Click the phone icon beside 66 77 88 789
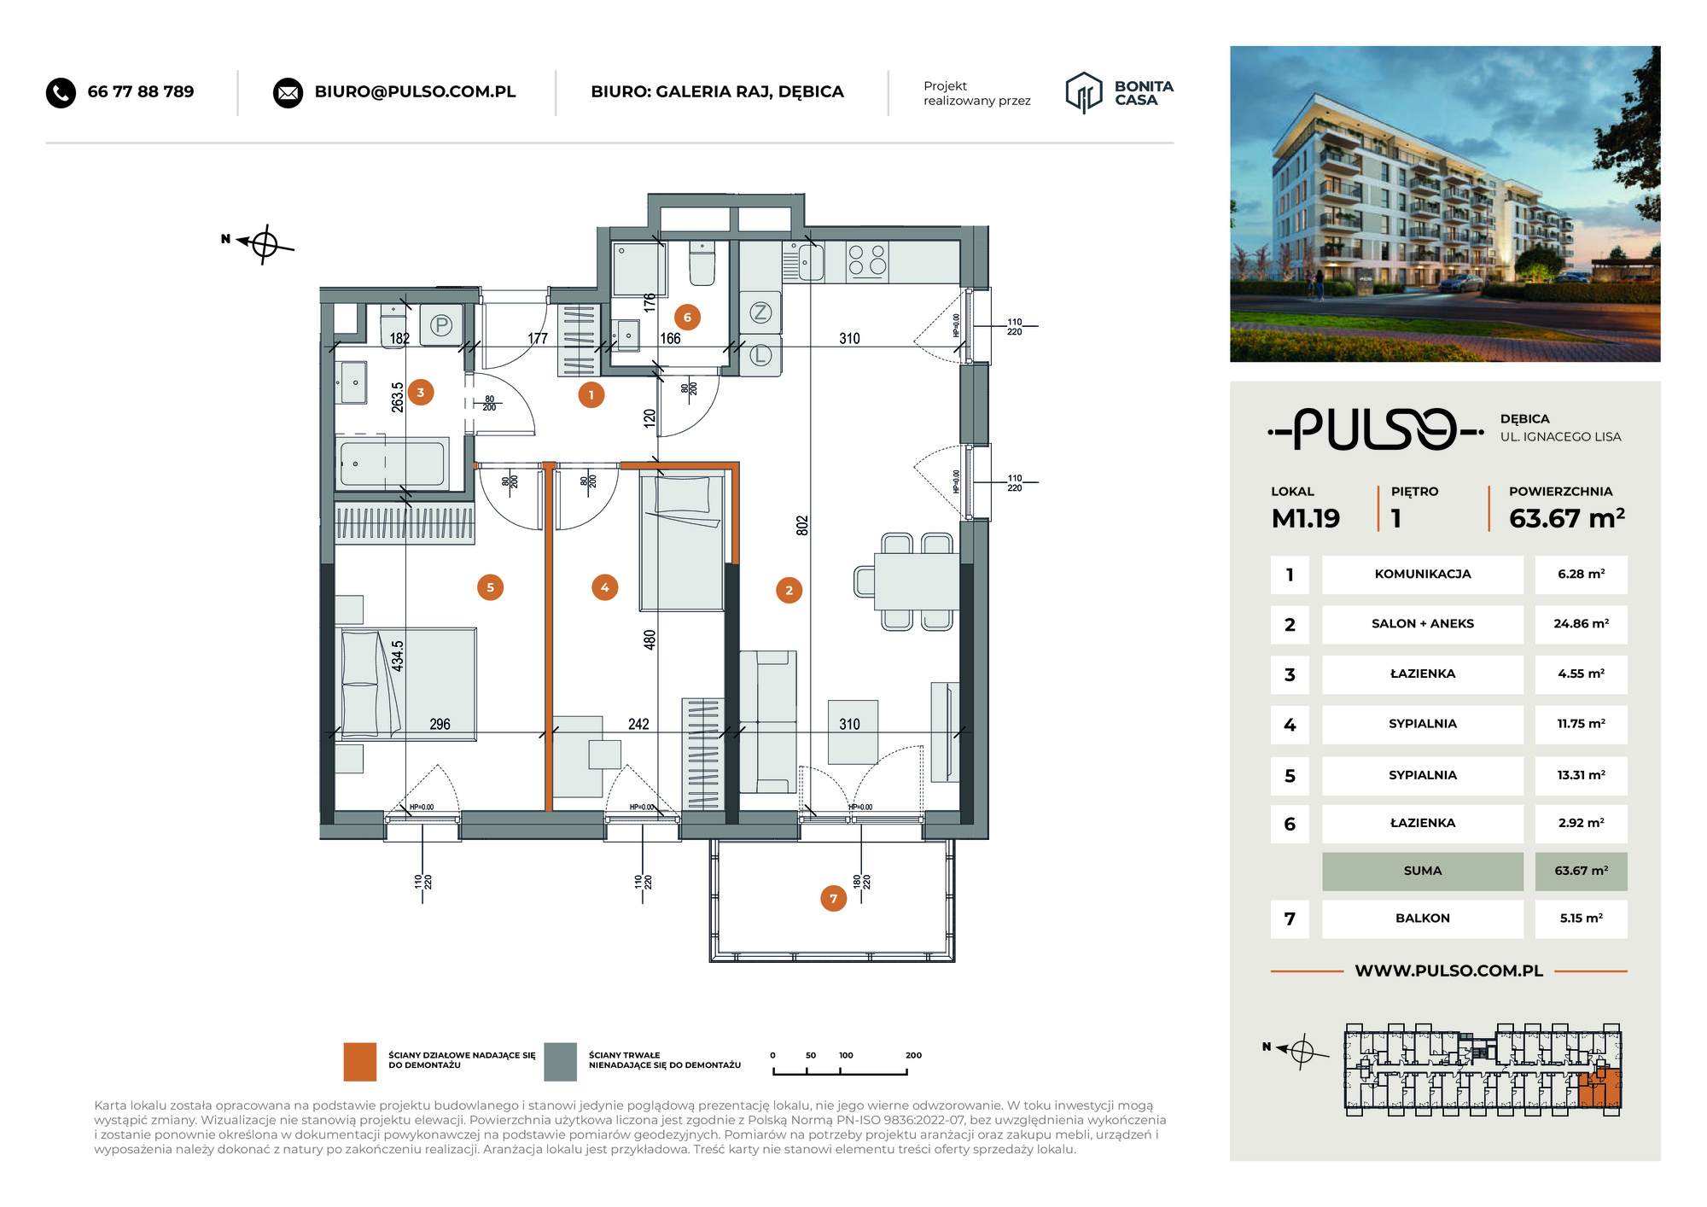click(x=61, y=92)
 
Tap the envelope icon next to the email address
click(x=288, y=92)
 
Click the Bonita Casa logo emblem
click(x=1084, y=92)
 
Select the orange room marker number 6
click(x=687, y=318)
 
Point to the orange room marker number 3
click(x=420, y=393)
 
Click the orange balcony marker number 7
click(x=833, y=898)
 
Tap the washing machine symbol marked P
click(x=441, y=325)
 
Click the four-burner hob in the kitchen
click(x=867, y=261)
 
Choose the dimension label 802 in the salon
click(x=801, y=525)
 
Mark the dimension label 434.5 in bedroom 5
click(x=398, y=656)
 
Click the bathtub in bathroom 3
click(x=393, y=463)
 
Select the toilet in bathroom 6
click(x=702, y=263)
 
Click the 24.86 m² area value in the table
click(x=1581, y=624)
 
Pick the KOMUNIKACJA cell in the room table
click(x=1423, y=574)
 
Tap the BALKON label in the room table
click(x=1423, y=918)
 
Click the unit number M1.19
click(x=1305, y=518)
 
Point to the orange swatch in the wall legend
click(x=360, y=1061)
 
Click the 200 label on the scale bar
click(x=913, y=1055)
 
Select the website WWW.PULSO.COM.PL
click(x=1449, y=971)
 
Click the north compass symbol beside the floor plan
click(x=264, y=245)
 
